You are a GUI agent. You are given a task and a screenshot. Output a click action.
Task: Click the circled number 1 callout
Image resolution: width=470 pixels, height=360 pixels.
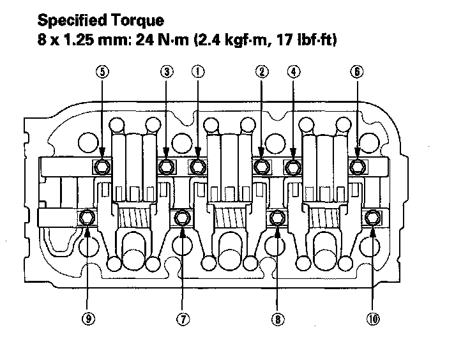click(198, 71)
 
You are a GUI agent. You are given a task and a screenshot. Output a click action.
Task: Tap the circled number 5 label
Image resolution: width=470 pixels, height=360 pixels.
click(103, 71)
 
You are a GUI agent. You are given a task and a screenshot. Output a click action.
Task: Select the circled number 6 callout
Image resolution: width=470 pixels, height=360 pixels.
click(357, 71)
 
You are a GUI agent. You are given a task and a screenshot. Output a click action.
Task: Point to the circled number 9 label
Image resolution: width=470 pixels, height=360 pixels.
click(88, 319)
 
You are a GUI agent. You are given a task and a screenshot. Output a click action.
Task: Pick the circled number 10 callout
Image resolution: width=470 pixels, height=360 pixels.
click(373, 319)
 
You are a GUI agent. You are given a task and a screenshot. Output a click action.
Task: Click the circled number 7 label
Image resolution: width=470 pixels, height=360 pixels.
click(183, 319)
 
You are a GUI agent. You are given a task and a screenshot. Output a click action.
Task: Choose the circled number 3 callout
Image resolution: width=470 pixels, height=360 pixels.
click(167, 71)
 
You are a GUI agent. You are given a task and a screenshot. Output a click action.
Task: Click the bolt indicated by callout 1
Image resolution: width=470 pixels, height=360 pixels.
click(197, 166)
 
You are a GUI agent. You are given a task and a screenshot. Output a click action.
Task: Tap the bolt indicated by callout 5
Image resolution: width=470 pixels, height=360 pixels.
click(102, 166)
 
